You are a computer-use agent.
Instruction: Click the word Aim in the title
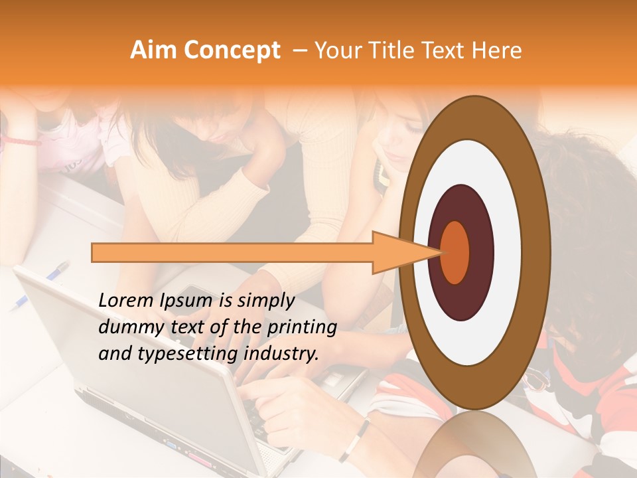coord(153,50)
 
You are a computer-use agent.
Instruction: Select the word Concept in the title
coord(231,50)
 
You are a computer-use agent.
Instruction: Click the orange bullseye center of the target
coord(455,252)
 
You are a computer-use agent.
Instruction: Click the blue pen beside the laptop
coord(40,286)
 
